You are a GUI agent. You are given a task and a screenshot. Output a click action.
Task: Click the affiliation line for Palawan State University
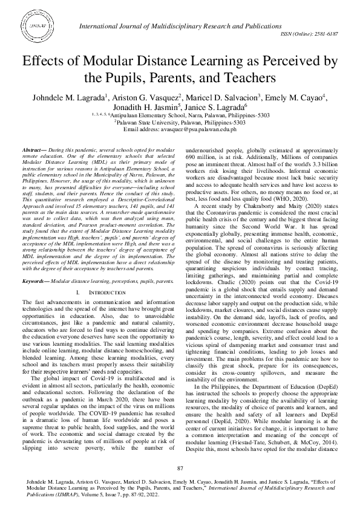[180, 122]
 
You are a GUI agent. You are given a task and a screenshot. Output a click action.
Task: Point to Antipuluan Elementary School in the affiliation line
[145, 114]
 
